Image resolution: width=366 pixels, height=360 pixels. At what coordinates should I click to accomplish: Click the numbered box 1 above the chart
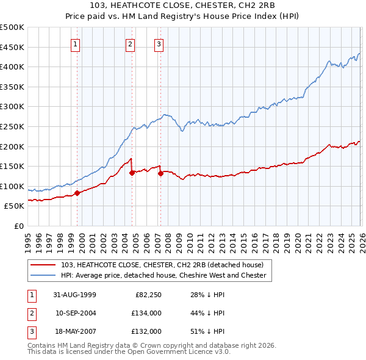(x=76, y=43)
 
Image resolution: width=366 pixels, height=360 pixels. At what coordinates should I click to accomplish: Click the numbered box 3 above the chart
(x=159, y=43)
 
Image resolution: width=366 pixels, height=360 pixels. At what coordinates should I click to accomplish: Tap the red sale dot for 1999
(x=77, y=193)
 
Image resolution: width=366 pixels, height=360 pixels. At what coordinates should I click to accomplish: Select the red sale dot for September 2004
(x=132, y=172)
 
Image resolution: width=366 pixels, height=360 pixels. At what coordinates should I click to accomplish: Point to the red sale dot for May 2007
(x=160, y=173)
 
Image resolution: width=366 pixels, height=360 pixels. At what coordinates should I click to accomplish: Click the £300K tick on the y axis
(x=12, y=107)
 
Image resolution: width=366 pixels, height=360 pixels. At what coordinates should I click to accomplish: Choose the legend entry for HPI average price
(x=163, y=275)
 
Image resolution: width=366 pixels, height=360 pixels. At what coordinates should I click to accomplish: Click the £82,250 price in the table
(x=146, y=295)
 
